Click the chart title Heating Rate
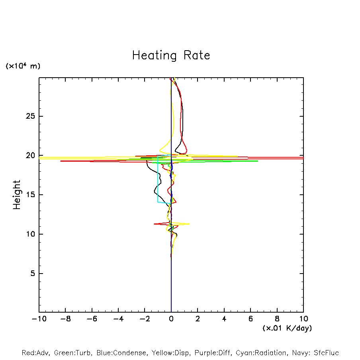(171, 55)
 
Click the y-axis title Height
(17, 195)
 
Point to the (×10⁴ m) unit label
(23, 66)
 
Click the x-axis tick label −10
(39, 319)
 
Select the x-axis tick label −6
(92, 319)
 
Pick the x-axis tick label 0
(171, 319)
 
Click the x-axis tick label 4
(224, 319)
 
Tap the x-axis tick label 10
(303, 319)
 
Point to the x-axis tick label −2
(145, 319)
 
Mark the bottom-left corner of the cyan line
(158, 202)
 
